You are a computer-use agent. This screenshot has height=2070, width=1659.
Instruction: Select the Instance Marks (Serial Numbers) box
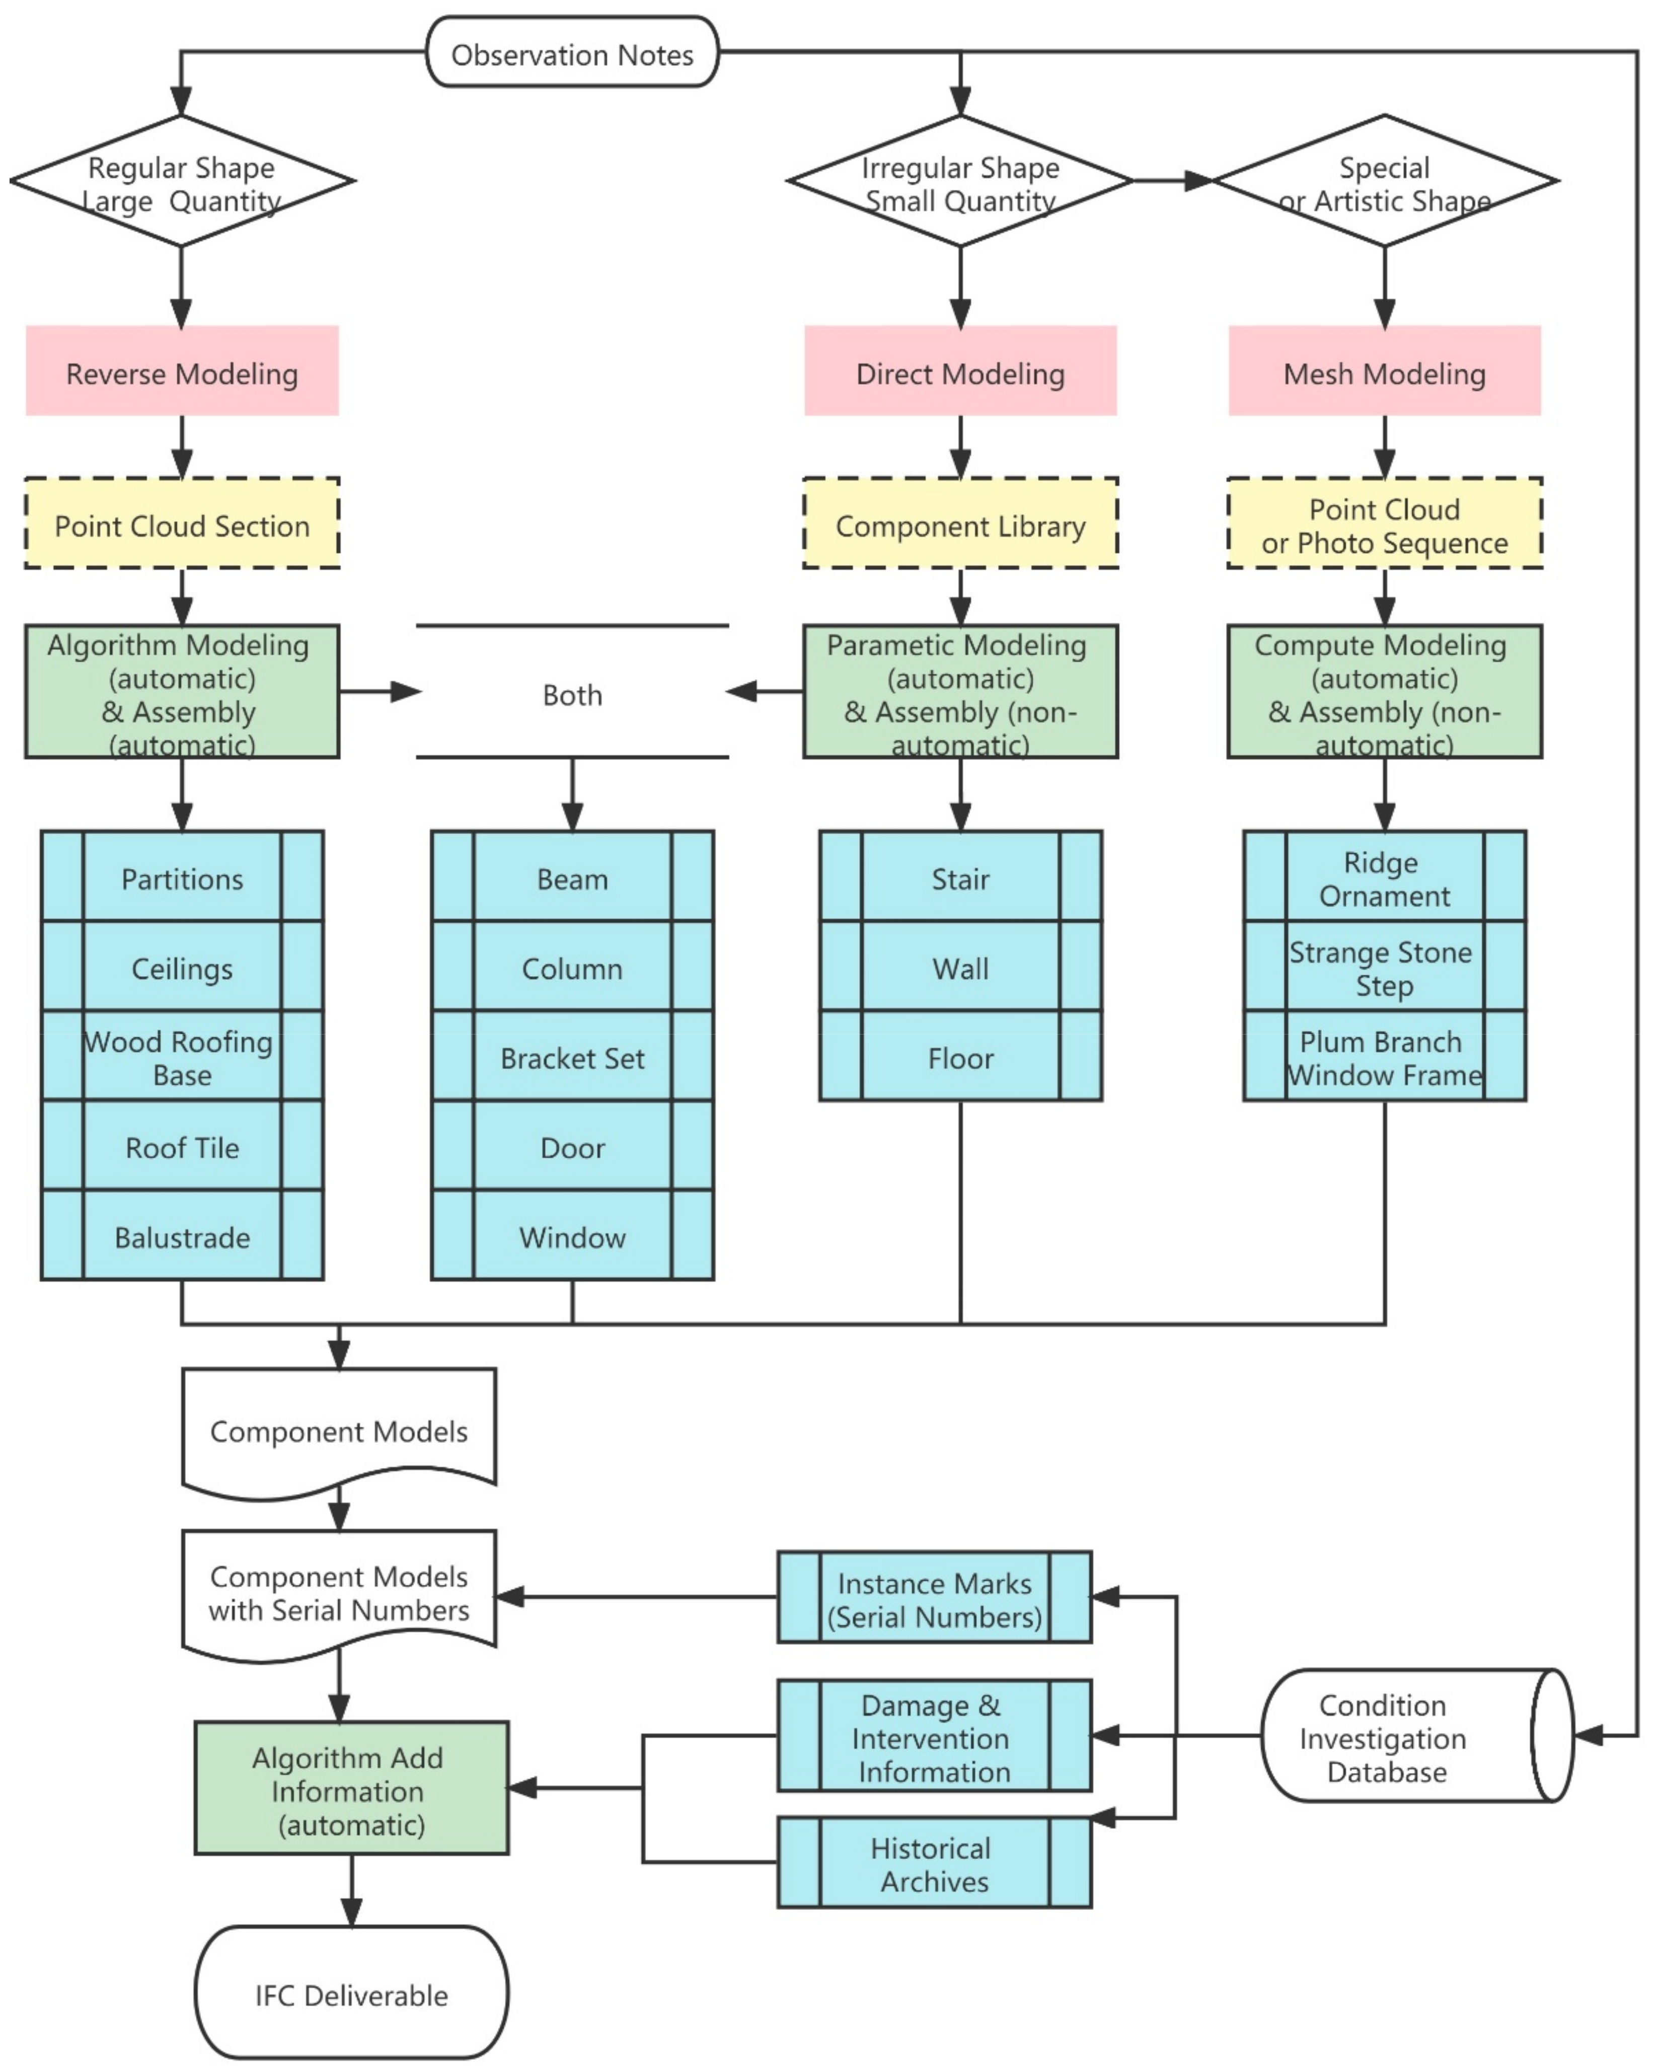[x=933, y=1599]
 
